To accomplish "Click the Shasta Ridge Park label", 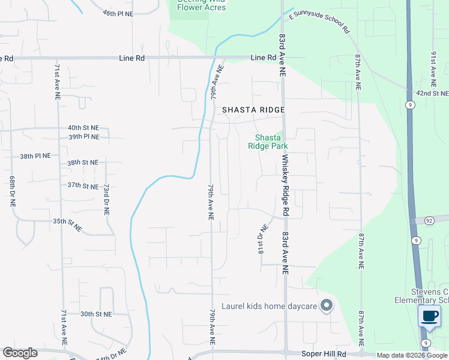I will [268, 142].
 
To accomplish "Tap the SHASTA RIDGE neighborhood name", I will [253, 110].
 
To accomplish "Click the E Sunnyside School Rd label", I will [318, 21].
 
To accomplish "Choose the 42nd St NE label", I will [433, 94].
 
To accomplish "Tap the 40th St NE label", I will [83, 128].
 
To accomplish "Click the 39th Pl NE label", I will [83, 137].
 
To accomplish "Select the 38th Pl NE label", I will [35, 155].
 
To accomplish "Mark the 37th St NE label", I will [83, 186].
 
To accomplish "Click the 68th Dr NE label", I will [12, 191].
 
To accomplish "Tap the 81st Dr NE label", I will [262, 239].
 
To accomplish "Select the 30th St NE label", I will [96, 314].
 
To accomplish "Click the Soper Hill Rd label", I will [329, 354].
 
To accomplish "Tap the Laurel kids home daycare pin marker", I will [327, 306].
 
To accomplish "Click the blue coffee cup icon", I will [429, 316].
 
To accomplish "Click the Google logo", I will [20, 353].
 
